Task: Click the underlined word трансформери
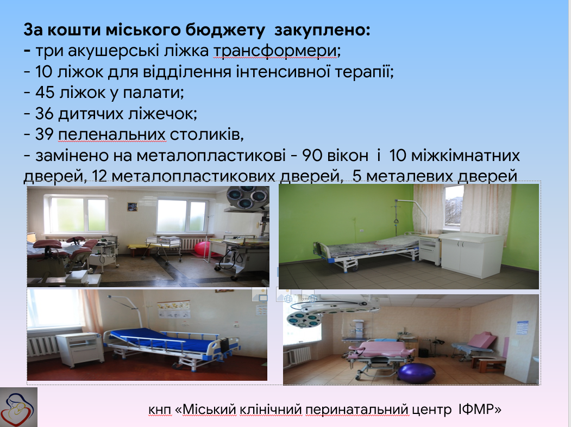pyautogui.click(x=275, y=51)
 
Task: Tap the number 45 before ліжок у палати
pyautogui.click(x=45, y=92)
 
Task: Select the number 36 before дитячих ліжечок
pyautogui.click(x=45, y=113)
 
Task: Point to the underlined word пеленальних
pyautogui.click(x=112, y=135)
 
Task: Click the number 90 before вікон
pyautogui.click(x=312, y=156)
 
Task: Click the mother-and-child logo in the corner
pyautogui.click(x=18, y=407)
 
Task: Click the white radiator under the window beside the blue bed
pyautogui.click(x=42, y=345)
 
